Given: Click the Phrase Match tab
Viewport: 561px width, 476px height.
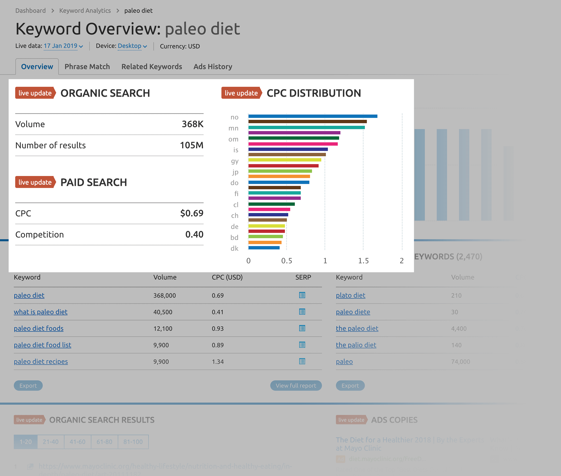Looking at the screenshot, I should [x=87, y=67].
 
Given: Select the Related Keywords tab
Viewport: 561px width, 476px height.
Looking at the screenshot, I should [x=152, y=67].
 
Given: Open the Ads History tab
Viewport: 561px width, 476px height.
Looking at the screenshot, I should [x=213, y=67].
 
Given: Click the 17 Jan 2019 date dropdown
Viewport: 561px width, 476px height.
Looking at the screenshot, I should [x=63, y=46].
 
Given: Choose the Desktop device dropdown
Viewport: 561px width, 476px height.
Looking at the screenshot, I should [x=132, y=46].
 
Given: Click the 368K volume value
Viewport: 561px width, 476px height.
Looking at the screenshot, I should [x=192, y=124].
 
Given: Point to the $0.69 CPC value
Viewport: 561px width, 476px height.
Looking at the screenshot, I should [x=192, y=213].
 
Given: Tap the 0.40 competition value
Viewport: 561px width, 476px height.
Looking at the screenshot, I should [x=194, y=234].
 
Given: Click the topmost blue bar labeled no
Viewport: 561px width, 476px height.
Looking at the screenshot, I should [x=312, y=116].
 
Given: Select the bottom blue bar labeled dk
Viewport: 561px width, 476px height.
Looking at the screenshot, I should [x=264, y=248].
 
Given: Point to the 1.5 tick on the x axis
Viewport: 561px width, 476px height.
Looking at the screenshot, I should [x=363, y=261].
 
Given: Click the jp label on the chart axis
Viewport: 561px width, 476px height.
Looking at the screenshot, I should [x=235, y=172].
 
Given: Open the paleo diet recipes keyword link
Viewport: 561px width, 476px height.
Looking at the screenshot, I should [x=41, y=361].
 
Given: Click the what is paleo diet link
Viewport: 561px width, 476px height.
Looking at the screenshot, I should [x=40, y=312].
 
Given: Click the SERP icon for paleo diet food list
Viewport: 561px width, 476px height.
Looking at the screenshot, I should [x=302, y=345].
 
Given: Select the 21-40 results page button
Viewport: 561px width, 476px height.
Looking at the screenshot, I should [x=50, y=442].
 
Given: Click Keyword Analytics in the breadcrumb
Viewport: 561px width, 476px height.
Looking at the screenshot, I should [x=85, y=11].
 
